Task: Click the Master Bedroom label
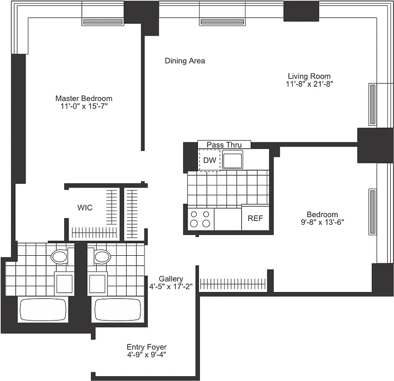pos(84,99)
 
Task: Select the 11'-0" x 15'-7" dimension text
pos(84,107)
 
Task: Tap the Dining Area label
pos(185,61)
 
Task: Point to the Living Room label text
pos(309,76)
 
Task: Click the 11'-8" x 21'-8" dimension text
pos(309,84)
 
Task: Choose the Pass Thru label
pos(224,145)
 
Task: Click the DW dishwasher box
pos(209,160)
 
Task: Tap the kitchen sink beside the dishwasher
pos(233,160)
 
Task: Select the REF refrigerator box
pos(256,219)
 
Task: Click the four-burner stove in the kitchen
pos(200,219)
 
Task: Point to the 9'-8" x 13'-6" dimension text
pos(322,222)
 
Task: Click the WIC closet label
pos(85,208)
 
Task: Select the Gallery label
pos(171,278)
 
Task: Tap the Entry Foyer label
pos(147,347)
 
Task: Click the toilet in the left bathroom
pos(59,257)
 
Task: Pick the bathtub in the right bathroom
pos(117,310)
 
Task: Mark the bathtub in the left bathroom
pos(42,310)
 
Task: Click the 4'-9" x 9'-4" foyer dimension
pos(147,355)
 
